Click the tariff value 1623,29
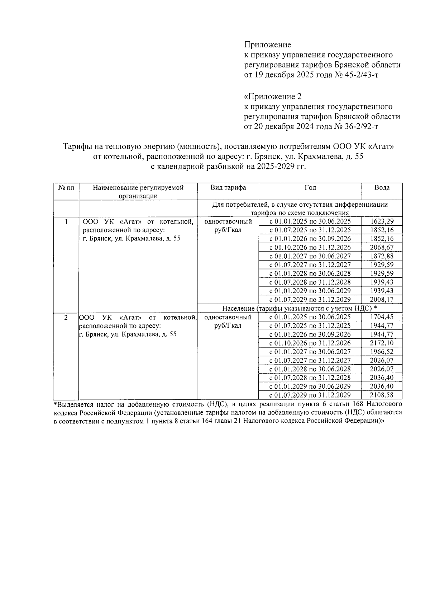tap(382, 221)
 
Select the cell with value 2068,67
tap(382, 247)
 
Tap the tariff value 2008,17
tap(382, 299)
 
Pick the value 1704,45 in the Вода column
tap(382, 317)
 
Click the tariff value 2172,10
tap(382, 343)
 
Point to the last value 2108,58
tap(382, 395)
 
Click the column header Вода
tap(382, 188)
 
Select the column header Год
tap(310, 188)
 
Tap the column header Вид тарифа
tap(228, 188)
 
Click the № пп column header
tap(66, 188)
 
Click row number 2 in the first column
tap(66, 317)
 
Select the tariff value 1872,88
tap(382, 256)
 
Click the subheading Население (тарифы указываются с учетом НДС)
tap(299, 308)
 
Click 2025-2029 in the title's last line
tap(273, 167)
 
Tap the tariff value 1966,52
tap(382, 352)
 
